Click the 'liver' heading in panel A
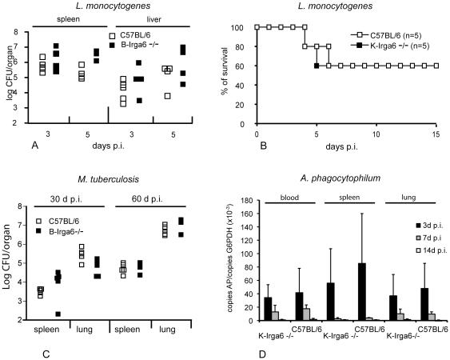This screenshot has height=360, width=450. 151,16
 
